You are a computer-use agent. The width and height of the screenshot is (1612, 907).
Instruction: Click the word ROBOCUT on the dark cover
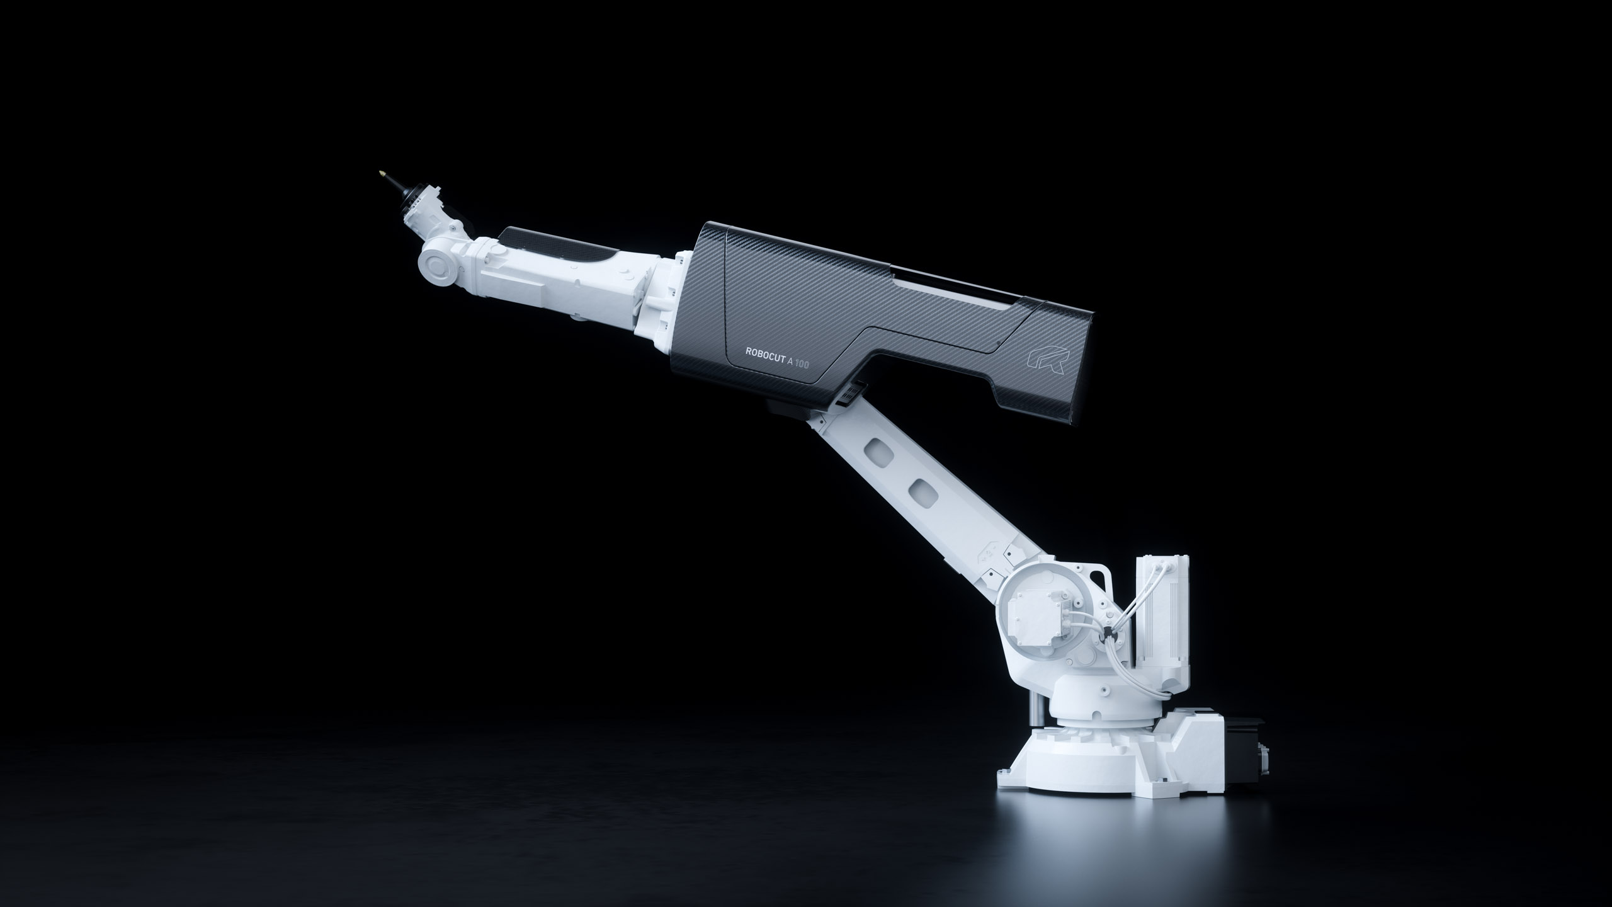[764, 352]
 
